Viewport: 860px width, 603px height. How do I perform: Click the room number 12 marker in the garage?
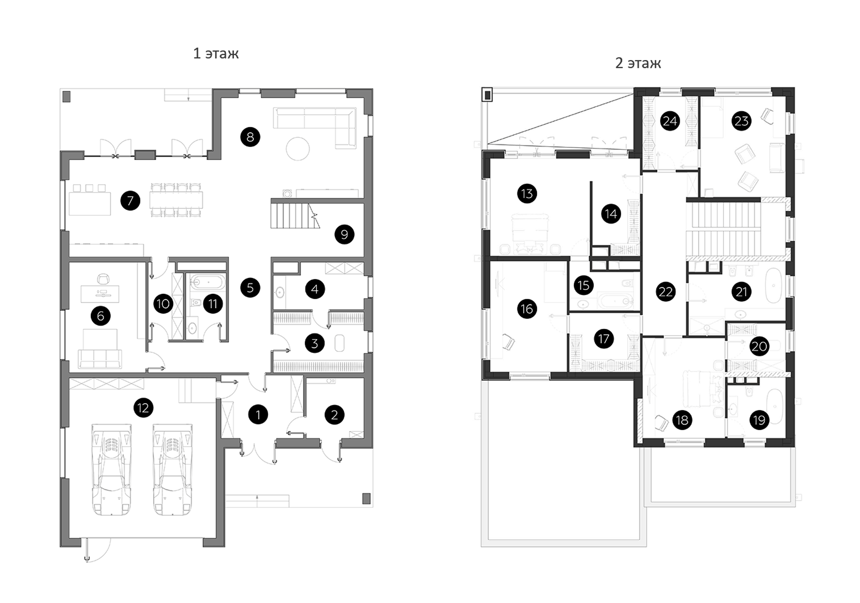coord(143,408)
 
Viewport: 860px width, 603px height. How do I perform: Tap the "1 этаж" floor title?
coord(216,54)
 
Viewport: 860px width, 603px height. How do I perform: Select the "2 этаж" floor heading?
coord(638,63)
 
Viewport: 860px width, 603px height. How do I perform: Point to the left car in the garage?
coord(111,470)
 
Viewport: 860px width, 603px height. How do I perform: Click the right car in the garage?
coord(173,470)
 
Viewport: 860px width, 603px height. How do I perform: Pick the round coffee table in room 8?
coord(298,149)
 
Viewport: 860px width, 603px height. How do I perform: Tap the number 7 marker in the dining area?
coord(130,201)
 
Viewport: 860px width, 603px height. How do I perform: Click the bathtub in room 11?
coord(208,282)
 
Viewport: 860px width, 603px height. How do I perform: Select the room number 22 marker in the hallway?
coord(665,292)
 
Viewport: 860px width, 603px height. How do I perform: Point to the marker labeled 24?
coord(670,121)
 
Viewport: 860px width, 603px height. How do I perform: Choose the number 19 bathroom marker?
coord(759,420)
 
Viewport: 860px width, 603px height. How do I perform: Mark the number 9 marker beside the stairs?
coord(344,235)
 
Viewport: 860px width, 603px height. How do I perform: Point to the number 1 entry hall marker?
coord(258,415)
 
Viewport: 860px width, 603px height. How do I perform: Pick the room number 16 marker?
coord(527,309)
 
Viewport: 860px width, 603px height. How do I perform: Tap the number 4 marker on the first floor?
coord(315,289)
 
